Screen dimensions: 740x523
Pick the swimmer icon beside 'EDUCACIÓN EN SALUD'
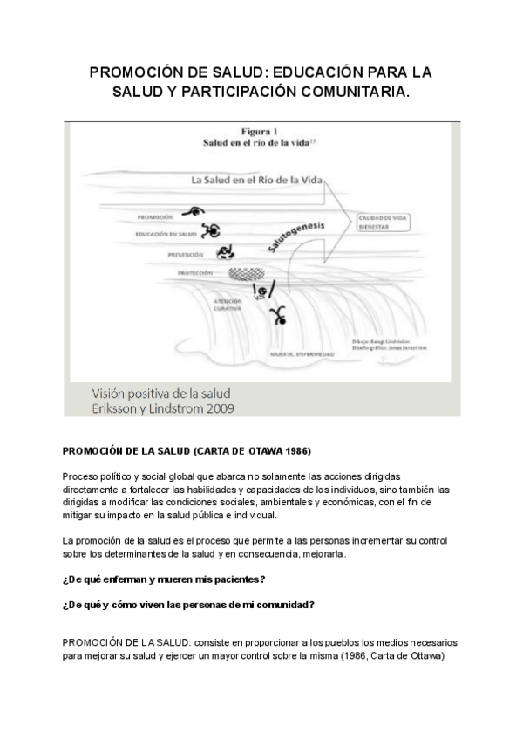[x=210, y=231]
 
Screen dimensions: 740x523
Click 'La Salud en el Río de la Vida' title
[x=257, y=180]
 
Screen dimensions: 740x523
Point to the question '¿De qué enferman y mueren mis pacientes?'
[x=164, y=579]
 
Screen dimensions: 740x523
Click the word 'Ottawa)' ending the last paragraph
[x=428, y=656]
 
